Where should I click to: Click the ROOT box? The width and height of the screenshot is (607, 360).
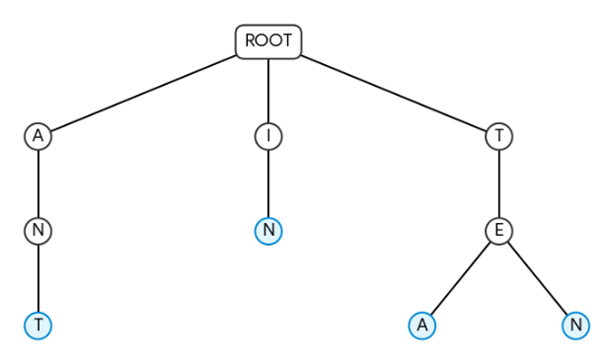click(x=268, y=41)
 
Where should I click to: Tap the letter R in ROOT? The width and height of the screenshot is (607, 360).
click(x=250, y=40)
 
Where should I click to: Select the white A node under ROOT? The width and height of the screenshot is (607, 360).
click(x=38, y=136)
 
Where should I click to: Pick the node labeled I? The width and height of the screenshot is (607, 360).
click(x=268, y=136)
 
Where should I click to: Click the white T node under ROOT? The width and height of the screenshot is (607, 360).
click(x=499, y=136)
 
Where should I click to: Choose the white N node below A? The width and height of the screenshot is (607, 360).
click(x=38, y=231)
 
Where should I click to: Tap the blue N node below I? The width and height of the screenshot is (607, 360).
click(x=268, y=231)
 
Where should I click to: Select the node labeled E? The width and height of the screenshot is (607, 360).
click(x=499, y=231)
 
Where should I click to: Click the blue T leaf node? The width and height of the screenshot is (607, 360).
click(x=38, y=325)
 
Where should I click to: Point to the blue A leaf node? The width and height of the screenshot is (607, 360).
click(x=422, y=325)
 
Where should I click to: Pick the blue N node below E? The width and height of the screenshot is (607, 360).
click(x=576, y=325)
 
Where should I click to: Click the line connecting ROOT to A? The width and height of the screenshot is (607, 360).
click(x=144, y=93)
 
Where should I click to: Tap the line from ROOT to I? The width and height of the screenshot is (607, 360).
click(x=268, y=91)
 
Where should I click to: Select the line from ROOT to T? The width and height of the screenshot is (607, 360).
click(x=393, y=93)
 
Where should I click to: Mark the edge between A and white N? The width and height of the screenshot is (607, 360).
click(x=38, y=183)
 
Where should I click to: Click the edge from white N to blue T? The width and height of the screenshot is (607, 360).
click(x=38, y=278)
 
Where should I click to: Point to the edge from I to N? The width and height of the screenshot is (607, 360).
click(x=268, y=183)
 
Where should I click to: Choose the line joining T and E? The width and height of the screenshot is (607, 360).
click(x=499, y=183)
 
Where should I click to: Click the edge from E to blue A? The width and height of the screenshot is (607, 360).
click(x=461, y=278)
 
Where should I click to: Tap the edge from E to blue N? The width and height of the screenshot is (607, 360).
click(x=538, y=278)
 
